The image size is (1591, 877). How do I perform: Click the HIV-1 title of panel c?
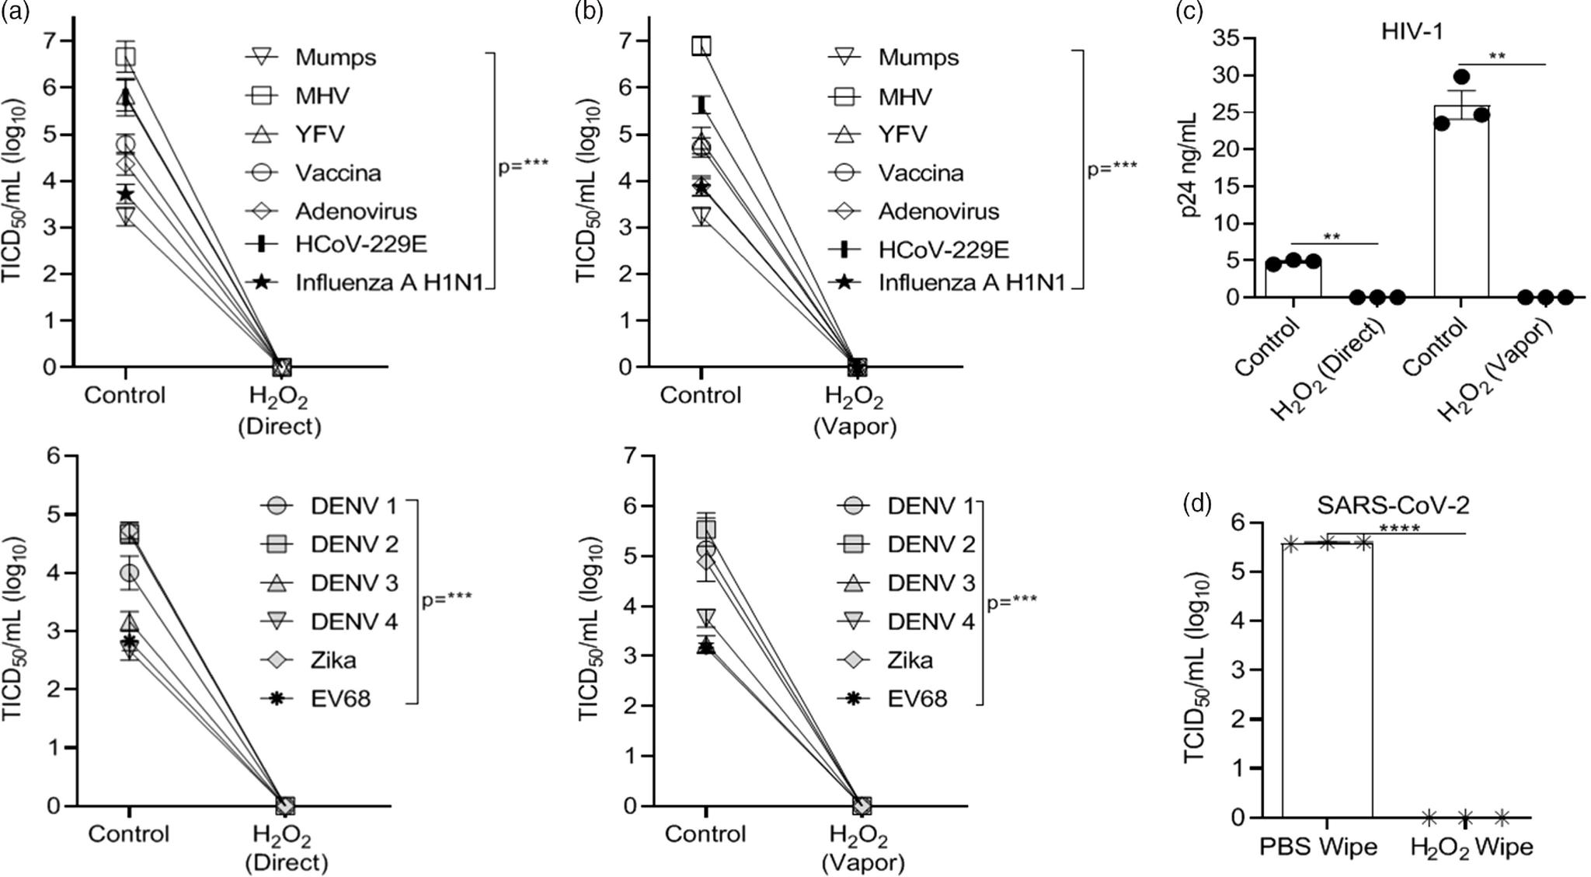pos(1412,32)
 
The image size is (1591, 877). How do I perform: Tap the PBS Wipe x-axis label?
pos(1318,846)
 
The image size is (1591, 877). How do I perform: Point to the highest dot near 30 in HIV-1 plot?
pos(1461,76)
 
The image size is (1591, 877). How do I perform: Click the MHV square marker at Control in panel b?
pos(702,45)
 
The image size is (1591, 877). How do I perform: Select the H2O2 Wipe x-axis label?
pos(1471,847)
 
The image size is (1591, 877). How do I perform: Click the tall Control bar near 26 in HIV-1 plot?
pos(1460,202)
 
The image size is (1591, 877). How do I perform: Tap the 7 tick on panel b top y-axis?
pos(635,40)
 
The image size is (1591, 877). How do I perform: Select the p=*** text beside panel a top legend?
pos(523,166)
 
